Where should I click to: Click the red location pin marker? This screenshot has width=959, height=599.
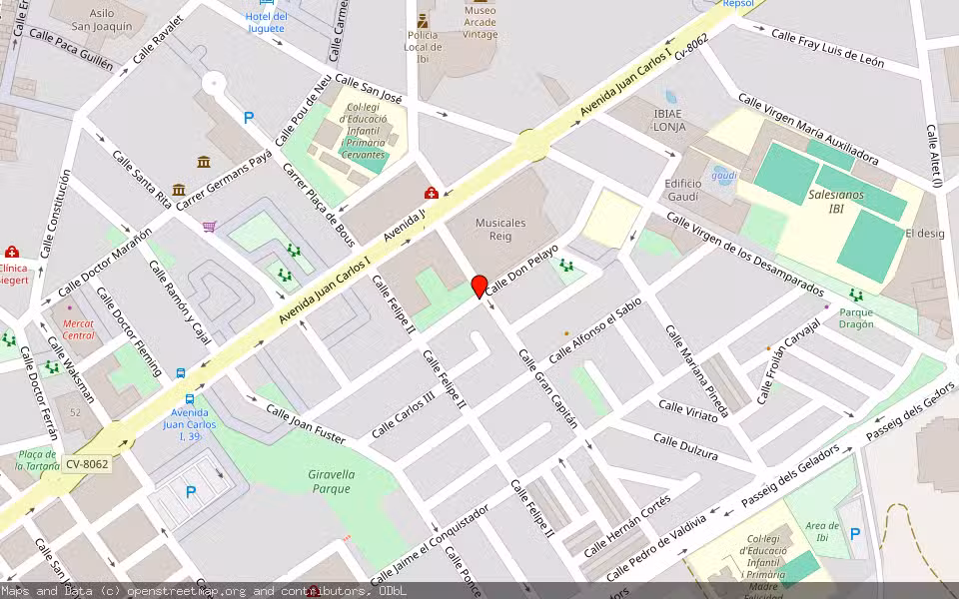click(479, 287)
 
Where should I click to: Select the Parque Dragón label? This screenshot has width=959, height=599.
click(856, 317)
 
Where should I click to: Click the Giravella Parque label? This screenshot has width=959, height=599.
click(331, 481)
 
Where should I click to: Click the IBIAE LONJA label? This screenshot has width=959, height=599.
click(668, 120)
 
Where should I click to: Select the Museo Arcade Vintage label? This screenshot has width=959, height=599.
click(479, 22)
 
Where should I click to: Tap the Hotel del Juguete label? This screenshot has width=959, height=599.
click(267, 22)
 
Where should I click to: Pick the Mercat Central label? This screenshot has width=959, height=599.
click(79, 329)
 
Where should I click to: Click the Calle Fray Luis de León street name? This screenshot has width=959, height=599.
click(827, 48)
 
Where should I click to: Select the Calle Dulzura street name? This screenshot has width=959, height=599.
click(685, 446)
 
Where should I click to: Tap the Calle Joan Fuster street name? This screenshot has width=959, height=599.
click(306, 424)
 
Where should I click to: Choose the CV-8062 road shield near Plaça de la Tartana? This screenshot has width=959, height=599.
click(87, 463)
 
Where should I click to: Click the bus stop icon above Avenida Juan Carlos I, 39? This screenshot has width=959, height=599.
click(181, 373)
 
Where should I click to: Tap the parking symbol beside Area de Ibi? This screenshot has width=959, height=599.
click(854, 534)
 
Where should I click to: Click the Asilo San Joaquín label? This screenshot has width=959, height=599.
click(98, 19)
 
